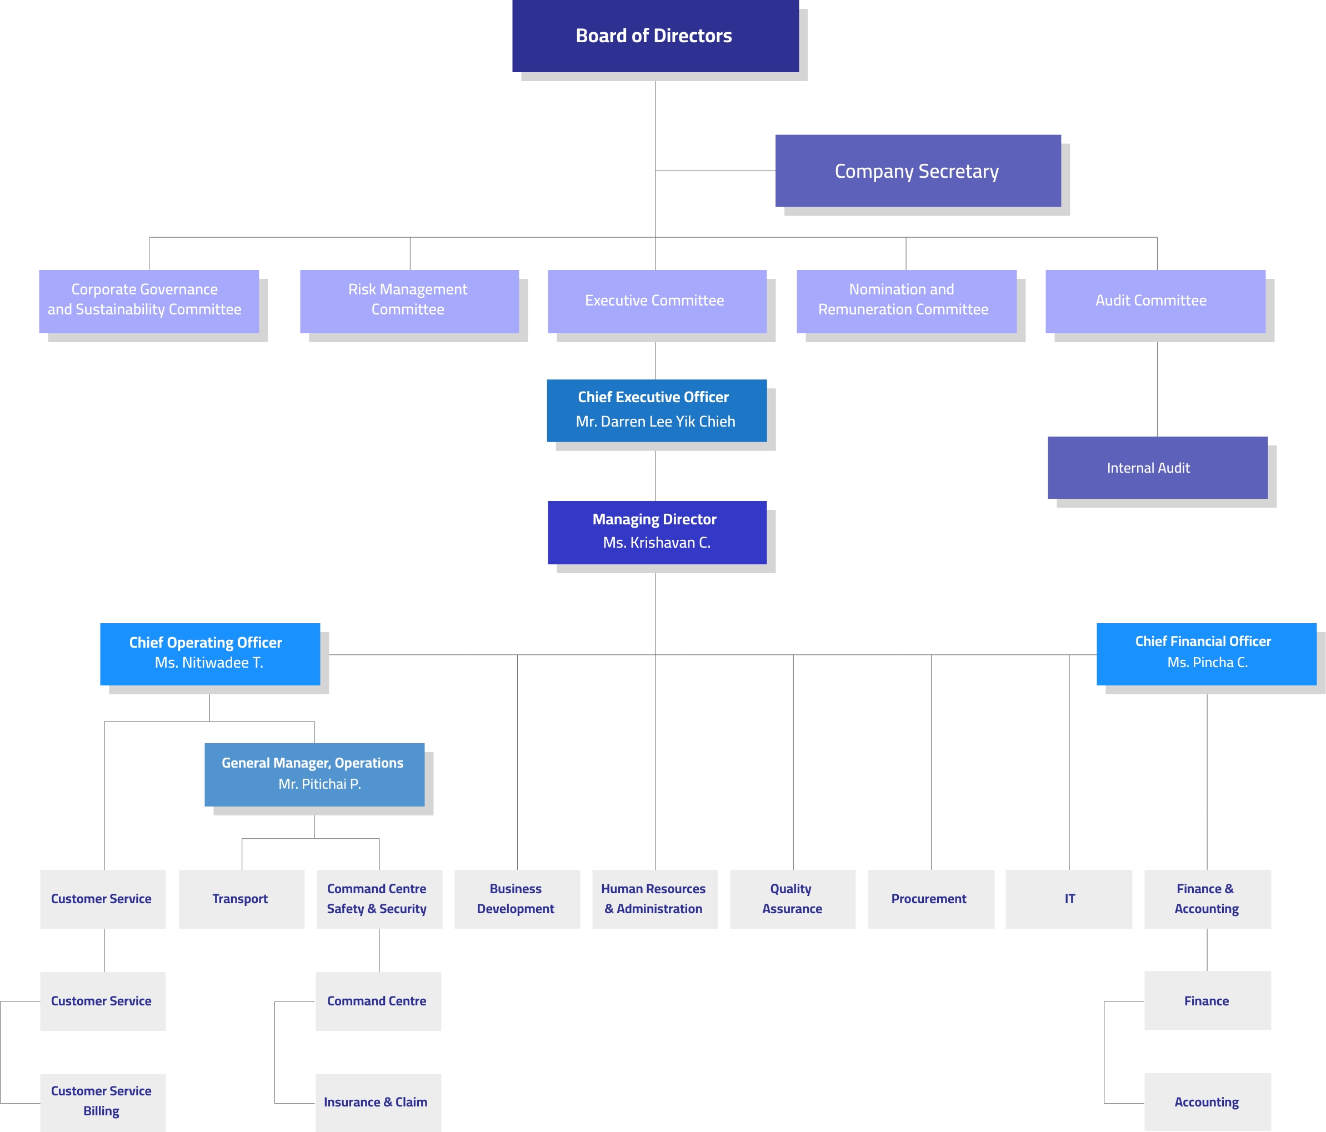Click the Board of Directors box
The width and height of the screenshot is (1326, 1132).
point(655,36)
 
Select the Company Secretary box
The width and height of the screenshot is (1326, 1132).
point(917,171)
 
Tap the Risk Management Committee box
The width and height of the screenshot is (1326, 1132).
point(409,300)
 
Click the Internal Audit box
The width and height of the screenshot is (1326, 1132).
point(1157,468)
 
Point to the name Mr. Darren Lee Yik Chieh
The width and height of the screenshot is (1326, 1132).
point(656,422)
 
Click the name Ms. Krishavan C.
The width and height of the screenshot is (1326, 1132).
point(657,543)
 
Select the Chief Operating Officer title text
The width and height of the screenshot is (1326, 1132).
point(206,643)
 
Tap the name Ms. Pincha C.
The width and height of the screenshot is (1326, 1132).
point(1207,662)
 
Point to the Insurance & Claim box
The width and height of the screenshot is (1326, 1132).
point(378,1102)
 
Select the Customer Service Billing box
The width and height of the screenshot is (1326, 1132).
point(102,1101)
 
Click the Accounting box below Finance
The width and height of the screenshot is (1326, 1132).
point(1207,1102)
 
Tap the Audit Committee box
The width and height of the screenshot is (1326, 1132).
point(1154,300)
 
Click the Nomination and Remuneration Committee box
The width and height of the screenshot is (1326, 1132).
point(905,300)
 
